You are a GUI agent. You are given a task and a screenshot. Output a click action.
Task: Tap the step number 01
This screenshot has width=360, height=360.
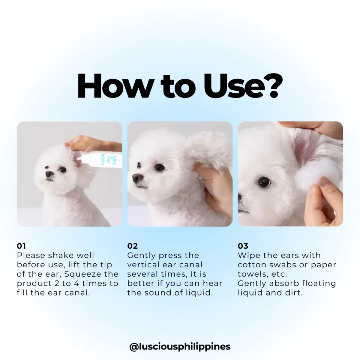tap(21, 246)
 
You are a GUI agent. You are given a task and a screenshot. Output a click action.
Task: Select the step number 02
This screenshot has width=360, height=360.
tap(132, 246)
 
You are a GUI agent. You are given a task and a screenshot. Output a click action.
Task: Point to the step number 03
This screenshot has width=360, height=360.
tap(243, 246)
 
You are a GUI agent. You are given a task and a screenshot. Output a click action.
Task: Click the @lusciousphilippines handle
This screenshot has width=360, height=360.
tap(180, 346)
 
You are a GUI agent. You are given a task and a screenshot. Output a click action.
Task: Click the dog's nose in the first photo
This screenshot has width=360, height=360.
tap(49, 174)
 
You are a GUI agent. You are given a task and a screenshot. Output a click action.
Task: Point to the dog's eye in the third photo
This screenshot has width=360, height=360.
tap(264, 182)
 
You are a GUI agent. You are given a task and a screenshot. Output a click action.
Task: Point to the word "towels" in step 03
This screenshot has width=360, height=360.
tap(252, 274)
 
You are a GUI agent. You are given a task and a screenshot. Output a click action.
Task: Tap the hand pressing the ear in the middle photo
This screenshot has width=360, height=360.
tap(214, 187)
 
